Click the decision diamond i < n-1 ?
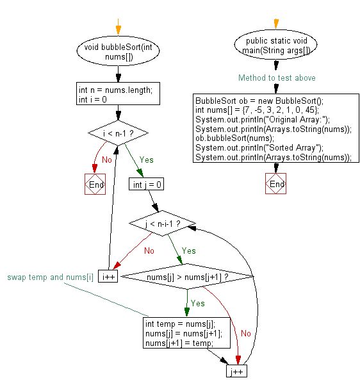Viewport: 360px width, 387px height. pyautogui.click(x=117, y=133)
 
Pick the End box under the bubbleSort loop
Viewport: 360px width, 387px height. pyautogui.click(x=95, y=185)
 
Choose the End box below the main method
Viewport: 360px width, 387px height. pyautogui.click(x=276, y=184)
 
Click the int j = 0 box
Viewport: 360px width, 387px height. pyautogui.click(x=147, y=185)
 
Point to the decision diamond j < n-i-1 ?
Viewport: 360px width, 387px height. pyautogui.click(x=163, y=224)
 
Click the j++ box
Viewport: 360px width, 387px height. pyautogui.click(x=236, y=372)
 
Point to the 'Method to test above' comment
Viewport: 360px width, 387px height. pyautogui.click(x=276, y=78)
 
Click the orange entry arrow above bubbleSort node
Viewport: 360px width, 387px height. pyautogui.click(x=117, y=28)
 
